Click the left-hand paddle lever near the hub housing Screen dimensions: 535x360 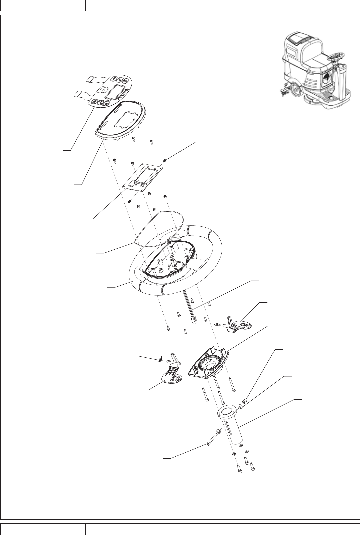(171, 380)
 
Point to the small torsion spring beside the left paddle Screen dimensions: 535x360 (160, 360)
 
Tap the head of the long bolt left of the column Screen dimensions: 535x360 (209, 444)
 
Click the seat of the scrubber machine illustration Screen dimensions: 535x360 (314, 63)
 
